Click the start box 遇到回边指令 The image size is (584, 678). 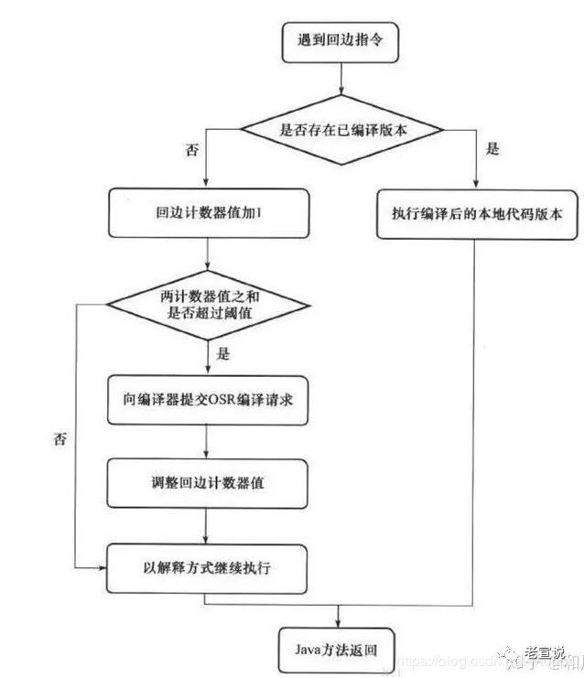[341, 42]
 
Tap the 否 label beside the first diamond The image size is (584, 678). [191, 150]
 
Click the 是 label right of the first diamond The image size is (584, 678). [493, 150]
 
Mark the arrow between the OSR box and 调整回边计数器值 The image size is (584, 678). [208, 441]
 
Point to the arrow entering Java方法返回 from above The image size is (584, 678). [341, 615]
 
